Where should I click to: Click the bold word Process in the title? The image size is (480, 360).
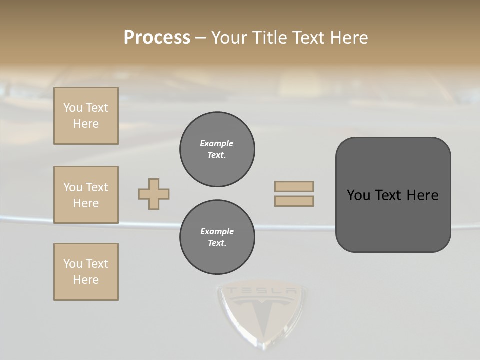tap(157, 38)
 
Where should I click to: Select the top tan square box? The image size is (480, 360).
tap(86, 116)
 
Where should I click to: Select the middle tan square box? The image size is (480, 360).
tap(86, 195)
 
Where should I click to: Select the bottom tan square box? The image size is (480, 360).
tap(86, 272)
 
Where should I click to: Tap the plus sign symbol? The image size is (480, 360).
tap(154, 194)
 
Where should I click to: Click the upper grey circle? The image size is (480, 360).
tap(217, 149)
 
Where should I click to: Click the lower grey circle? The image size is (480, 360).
tap(217, 237)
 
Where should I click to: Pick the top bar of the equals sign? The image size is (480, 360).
tap(294, 186)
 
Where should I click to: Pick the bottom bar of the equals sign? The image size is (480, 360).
tap(294, 201)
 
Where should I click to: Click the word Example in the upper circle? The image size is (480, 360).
tap(217, 143)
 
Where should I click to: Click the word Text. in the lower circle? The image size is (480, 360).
tap(217, 243)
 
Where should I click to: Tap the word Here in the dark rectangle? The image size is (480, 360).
tap(423, 195)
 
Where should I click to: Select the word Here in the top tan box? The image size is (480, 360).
tap(86, 124)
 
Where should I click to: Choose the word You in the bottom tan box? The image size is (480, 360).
tap(73, 264)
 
